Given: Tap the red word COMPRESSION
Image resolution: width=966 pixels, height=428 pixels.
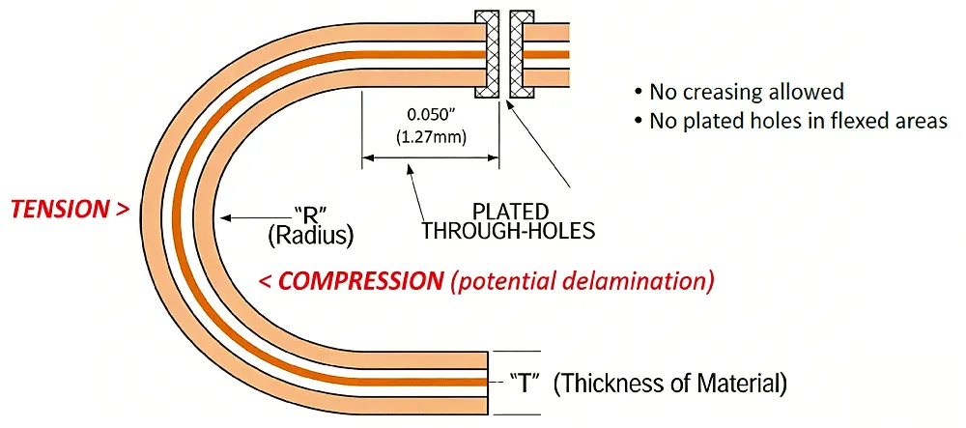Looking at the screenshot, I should tap(356, 281).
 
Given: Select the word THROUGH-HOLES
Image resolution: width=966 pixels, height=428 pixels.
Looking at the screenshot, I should tap(507, 232).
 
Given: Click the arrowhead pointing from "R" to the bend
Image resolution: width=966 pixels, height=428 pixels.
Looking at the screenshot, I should tap(225, 215).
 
